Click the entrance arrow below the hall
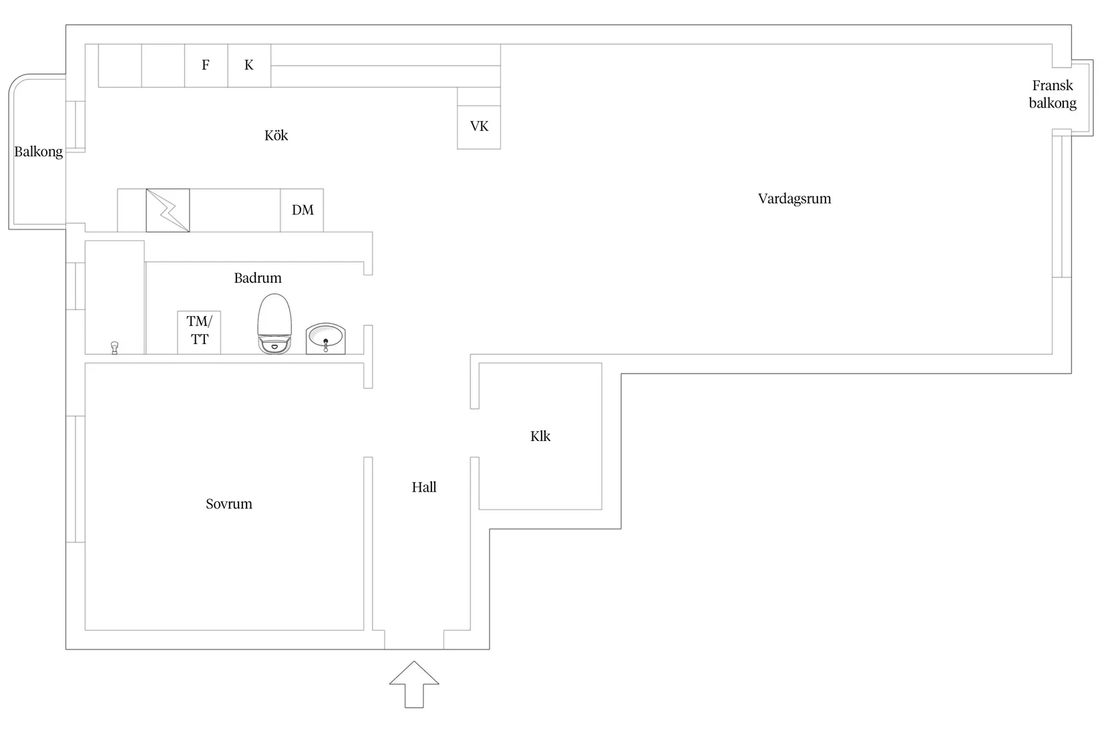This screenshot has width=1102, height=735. point(414,684)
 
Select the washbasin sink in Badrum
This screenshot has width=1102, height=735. point(325,338)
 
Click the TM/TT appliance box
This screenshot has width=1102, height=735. point(199,331)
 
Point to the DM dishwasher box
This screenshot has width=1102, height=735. point(302,210)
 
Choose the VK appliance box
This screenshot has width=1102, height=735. point(479,127)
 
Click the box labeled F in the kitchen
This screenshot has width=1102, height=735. point(206,65)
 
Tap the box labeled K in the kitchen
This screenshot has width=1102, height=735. point(249,65)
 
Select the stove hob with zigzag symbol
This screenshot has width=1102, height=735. point(168,210)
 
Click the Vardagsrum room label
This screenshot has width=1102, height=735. point(794,198)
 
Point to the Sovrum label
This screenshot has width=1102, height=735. point(228,504)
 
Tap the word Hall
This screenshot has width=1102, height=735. point(423,487)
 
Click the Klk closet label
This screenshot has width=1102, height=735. point(540,436)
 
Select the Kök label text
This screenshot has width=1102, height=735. point(276,136)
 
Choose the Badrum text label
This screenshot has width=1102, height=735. point(258,278)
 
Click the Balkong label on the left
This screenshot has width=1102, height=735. point(39,152)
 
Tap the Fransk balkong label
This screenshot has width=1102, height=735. point(1053,94)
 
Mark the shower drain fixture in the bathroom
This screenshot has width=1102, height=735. point(114,347)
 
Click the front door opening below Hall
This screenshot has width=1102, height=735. point(414,639)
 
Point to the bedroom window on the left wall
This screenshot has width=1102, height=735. point(75,478)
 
